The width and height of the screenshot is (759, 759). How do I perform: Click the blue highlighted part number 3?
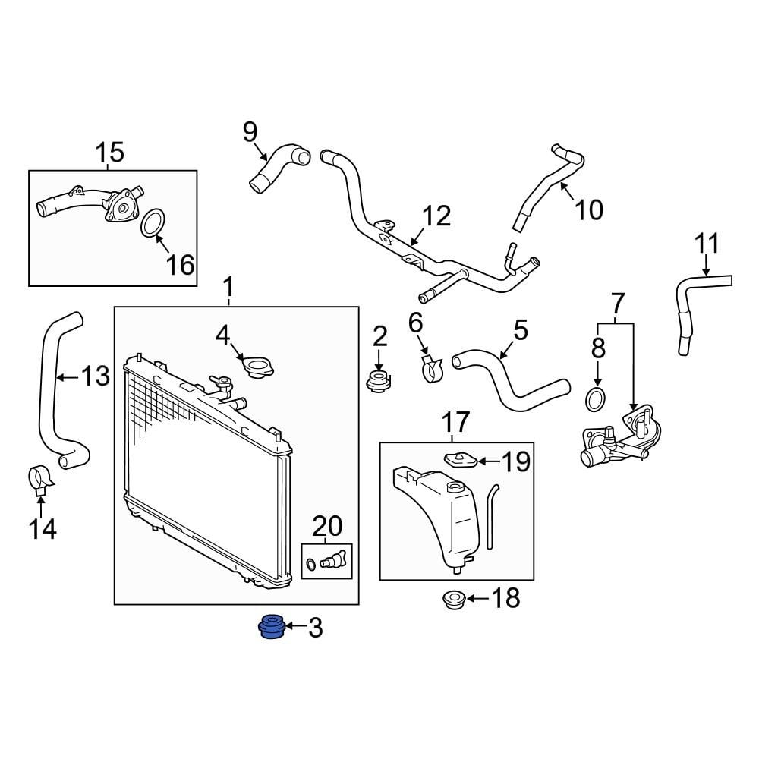269,628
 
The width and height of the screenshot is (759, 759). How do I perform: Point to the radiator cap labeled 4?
258,368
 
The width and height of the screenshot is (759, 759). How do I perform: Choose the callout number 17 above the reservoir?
455,421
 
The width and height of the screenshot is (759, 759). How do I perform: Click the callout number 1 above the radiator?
228,288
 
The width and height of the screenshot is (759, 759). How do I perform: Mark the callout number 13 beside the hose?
96,376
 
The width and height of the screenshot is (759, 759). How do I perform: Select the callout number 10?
588,209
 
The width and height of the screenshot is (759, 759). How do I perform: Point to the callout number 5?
520,330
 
